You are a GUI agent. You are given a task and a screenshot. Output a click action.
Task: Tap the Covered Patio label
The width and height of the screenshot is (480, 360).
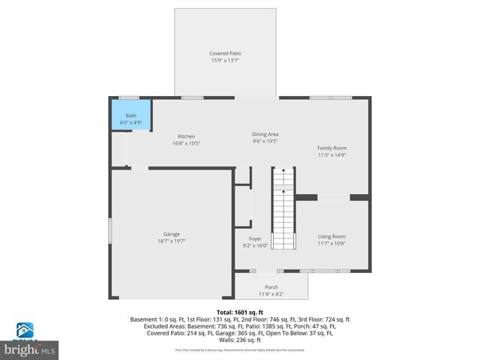224,53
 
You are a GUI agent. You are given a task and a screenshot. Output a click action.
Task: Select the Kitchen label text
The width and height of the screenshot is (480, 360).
186,136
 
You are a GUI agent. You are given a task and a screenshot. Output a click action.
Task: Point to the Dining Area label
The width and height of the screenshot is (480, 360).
265,133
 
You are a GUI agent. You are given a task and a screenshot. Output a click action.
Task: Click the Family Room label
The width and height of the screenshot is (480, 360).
331,148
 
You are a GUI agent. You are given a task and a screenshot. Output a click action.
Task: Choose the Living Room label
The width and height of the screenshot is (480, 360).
331,236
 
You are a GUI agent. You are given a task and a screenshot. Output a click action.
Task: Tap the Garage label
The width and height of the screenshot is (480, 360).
172,234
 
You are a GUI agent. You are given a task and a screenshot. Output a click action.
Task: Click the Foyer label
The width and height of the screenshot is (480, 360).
255,238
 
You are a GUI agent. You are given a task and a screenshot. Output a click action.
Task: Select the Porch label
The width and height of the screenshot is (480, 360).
271,286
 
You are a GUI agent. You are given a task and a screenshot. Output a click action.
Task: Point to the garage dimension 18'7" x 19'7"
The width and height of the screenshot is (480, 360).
172,241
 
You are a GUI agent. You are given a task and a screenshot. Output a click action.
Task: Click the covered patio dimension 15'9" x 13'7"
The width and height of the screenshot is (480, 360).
224,61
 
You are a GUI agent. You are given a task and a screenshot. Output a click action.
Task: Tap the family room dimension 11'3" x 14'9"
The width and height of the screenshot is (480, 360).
331,155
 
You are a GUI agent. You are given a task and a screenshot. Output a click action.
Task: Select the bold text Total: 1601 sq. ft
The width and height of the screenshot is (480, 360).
239,312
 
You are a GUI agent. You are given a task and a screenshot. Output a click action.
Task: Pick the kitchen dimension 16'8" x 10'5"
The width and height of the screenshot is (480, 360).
186,143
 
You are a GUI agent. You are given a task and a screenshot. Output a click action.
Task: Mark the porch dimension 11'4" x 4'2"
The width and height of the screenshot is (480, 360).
271,293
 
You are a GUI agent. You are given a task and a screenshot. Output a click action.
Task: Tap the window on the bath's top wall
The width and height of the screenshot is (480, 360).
129,97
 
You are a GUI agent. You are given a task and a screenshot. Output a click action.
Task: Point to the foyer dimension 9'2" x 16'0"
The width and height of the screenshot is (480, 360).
255,245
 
